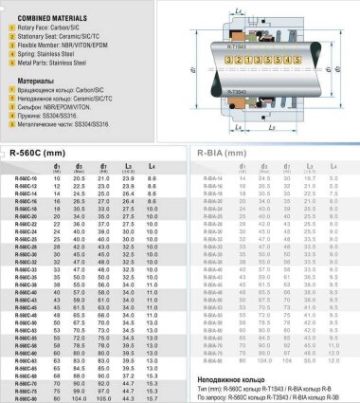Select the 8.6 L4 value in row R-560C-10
(x=153, y=177)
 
